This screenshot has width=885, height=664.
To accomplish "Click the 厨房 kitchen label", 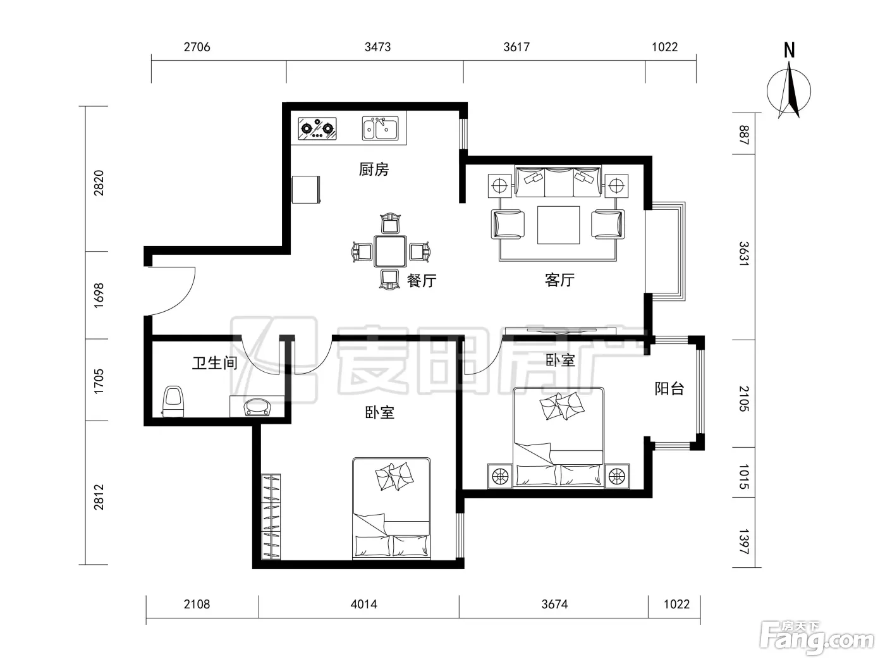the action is tap(374, 169).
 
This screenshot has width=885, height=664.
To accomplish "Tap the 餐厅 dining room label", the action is tap(422, 281).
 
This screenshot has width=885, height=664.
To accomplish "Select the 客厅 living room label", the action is tap(559, 280).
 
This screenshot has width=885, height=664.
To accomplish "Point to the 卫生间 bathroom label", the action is tap(214, 363).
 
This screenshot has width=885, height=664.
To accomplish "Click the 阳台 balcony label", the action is tap(669, 389).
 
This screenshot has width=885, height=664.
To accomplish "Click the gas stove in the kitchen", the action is tap(317, 128).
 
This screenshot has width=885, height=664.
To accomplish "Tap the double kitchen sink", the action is tap(380, 128).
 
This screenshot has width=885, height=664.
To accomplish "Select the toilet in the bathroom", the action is tap(173, 402).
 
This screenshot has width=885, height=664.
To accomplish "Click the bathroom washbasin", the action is tap(257, 407).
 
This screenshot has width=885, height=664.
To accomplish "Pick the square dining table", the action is tap(390, 252).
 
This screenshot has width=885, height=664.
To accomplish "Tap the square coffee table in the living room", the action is tap(558, 225).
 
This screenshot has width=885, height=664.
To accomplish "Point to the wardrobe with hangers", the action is tap(271, 517).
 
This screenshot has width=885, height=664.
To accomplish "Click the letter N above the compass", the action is tap(789, 51).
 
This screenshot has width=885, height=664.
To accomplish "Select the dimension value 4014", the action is tap(363, 605).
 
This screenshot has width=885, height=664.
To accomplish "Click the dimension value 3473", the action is tap(378, 47).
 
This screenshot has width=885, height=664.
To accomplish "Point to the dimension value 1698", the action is tap(99, 295).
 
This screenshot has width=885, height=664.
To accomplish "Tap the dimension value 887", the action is tap(744, 135).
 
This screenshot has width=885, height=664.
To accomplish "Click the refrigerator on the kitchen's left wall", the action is tap(306, 190).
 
